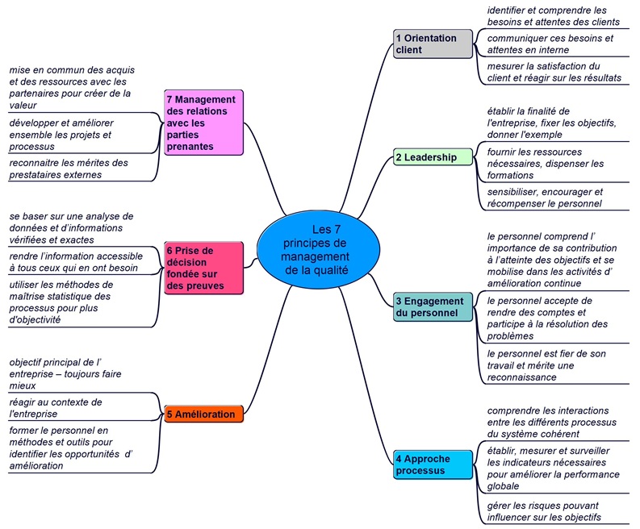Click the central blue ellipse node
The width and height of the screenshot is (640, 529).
tap(318, 250)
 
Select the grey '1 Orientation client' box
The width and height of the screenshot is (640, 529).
tap(433, 44)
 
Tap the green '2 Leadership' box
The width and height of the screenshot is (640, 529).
tap(433, 157)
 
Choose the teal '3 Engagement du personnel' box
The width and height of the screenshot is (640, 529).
tap(433, 306)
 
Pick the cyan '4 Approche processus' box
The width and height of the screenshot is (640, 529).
tap(433, 464)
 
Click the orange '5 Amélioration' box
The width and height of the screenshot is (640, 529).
tap(203, 414)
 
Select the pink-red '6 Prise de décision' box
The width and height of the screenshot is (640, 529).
tap(203, 268)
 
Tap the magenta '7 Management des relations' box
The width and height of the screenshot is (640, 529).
tap(203, 123)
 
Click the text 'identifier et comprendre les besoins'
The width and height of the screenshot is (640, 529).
tap(553, 16)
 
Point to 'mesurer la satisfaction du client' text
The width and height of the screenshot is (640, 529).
tap(554, 72)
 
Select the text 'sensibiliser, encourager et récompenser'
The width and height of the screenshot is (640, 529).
tap(545, 198)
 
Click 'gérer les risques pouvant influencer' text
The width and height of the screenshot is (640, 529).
tap(544, 511)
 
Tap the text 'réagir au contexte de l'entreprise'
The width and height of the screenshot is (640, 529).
tap(56, 408)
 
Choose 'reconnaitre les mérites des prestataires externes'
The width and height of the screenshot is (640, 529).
tap(69, 169)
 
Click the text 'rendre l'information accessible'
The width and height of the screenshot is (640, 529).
tap(76, 256)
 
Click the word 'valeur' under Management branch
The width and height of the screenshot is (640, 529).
tap(23, 105)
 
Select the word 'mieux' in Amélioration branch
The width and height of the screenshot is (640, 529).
tap(23, 385)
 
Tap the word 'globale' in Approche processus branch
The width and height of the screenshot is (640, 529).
tap(503, 486)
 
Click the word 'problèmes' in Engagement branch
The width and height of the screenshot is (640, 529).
tap(510, 336)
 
